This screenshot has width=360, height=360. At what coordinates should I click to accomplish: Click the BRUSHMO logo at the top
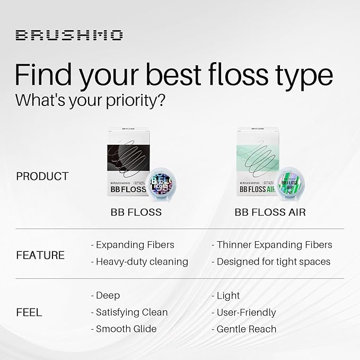click(69, 36)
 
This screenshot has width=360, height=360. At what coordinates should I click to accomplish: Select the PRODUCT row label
click(42, 176)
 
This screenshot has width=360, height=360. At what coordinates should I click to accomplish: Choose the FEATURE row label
click(40, 255)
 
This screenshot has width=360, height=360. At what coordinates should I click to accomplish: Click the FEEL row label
click(29, 312)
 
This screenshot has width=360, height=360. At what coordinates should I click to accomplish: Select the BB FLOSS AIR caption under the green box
click(270, 212)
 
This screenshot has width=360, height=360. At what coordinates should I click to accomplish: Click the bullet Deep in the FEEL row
click(106, 295)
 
